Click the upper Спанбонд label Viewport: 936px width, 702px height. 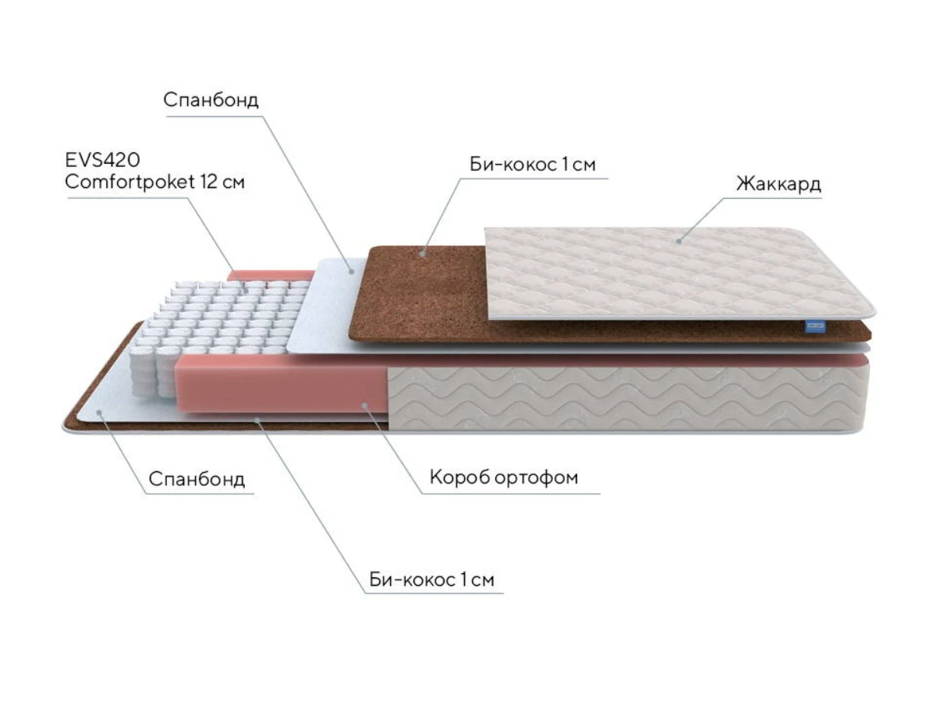point(211,100)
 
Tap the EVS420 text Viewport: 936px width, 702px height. point(102,160)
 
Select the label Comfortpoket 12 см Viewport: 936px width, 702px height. point(154,182)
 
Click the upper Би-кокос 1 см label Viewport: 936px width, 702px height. point(532,164)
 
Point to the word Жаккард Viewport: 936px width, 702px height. point(778,184)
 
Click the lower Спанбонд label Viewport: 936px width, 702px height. point(197,479)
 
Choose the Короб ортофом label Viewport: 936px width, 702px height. point(504,477)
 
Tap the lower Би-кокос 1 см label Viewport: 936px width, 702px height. point(431,580)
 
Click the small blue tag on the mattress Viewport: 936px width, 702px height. point(815,327)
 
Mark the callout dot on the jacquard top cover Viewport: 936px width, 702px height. point(679,241)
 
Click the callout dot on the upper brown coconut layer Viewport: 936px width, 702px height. point(422,253)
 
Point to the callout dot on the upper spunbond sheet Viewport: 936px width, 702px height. point(351,271)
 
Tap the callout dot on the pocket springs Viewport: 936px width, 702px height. point(246,291)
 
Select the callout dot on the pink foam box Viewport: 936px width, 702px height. point(364,405)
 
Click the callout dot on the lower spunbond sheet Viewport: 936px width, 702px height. point(99,412)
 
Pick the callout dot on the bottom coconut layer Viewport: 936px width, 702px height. point(257,420)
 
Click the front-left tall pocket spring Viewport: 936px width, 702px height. point(144,370)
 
